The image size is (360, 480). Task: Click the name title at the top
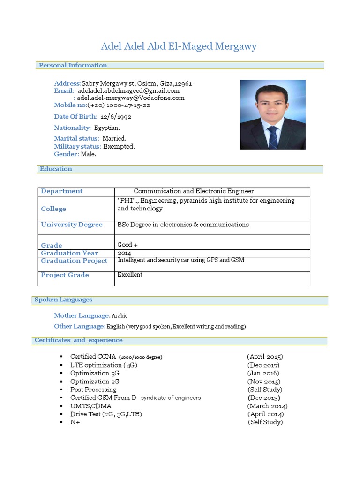point(179,46)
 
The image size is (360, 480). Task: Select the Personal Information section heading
point(73,65)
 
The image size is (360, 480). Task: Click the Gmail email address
point(128,90)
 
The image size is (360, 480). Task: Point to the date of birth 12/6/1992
point(115,116)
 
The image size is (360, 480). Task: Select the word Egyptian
point(107,127)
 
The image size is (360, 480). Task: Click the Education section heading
point(56,169)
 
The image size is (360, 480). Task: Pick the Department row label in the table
point(61,191)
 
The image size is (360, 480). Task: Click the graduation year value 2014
point(124,253)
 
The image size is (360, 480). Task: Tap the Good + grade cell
point(127,245)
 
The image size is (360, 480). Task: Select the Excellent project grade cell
point(130,275)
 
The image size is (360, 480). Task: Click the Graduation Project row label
point(74,261)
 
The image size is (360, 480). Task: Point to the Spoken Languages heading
point(63,300)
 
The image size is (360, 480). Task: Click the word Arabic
point(120,316)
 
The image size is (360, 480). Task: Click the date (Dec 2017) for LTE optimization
point(263,365)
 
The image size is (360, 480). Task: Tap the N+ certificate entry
point(75,422)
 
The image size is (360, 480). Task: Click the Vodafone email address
point(131,98)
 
